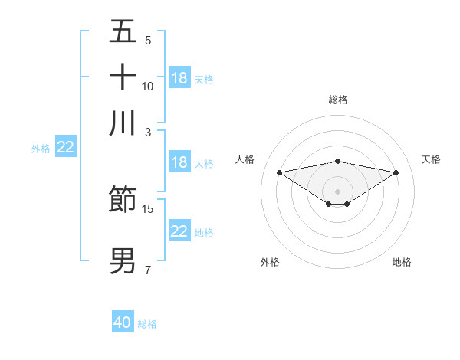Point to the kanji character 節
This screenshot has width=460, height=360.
[x=123, y=199]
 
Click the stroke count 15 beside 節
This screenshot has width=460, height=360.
[x=148, y=208]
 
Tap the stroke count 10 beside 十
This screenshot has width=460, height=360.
[x=148, y=86]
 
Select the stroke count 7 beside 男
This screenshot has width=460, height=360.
[x=148, y=270]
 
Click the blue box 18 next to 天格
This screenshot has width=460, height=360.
[x=179, y=78]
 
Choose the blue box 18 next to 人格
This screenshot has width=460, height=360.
[x=179, y=162]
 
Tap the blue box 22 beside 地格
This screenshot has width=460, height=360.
[x=179, y=231]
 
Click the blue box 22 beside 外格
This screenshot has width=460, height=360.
[x=65, y=148]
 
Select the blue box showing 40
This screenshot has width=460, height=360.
[x=123, y=322]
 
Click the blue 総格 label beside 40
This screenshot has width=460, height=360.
[x=147, y=324]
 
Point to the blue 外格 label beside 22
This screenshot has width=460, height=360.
[x=41, y=149]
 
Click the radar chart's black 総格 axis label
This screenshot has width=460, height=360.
[x=338, y=100]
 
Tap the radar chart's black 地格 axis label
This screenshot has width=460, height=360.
[x=402, y=262]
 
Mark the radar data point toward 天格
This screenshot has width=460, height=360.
[x=396, y=172]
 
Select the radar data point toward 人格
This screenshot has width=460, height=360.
[x=279, y=172]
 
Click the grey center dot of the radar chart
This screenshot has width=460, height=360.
[x=338, y=191]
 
